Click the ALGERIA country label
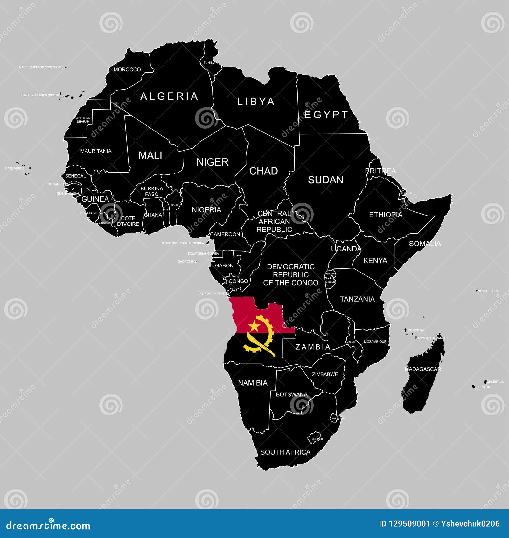(169, 96)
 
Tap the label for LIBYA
(256, 102)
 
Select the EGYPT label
(326, 115)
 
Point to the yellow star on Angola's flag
(254, 326)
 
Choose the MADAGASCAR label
(422, 369)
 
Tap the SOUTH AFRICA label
(285, 452)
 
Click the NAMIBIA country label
(253, 383)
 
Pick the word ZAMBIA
(313, 347)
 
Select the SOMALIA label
(425, 244)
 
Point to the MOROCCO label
(127, 69)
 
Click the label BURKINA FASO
(152, 191)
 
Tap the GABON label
(224, 265)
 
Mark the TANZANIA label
(357, 299)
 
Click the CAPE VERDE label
(15, 168)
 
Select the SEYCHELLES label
(488, 291)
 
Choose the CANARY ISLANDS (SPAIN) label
(40, 95)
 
